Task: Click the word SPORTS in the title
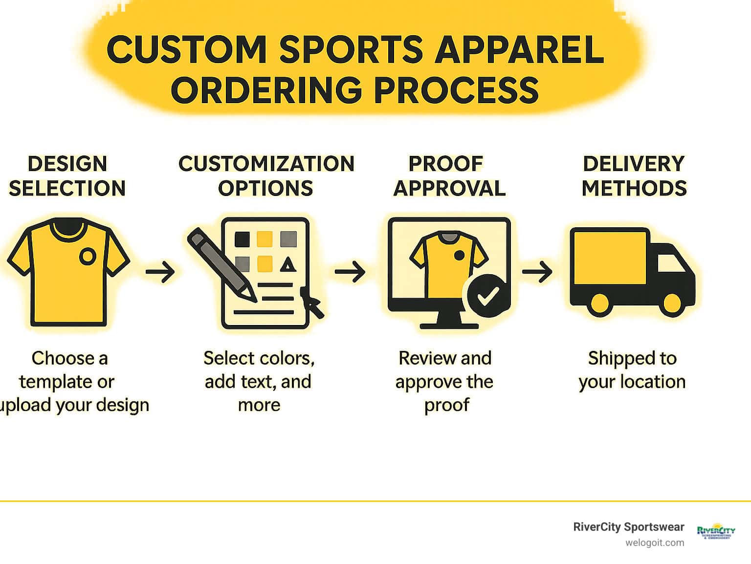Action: (x=351, y=50)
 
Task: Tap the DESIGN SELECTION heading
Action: (x=67, y=176)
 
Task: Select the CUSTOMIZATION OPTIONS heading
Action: (x=266, y=176)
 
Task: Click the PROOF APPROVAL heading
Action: (x=449, y=176)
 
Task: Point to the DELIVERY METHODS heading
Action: (x=634, y=176)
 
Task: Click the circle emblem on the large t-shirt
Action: (x=88, y=256)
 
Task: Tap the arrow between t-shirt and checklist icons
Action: (x=160, y=272)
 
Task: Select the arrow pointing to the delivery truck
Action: (x=537, y=272)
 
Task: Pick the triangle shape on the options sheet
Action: (x=288, y=265)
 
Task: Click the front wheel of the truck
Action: (x=672, y=303)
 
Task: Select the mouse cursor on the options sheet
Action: (x=312, y=303)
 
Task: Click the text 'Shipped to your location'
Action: (x=632, y=370)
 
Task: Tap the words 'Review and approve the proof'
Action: (x=445, y=381)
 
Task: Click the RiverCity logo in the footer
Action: (x=716, y=531)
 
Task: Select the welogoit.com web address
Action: (x=655, y=543)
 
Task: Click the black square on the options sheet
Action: (x=242, y=239)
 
